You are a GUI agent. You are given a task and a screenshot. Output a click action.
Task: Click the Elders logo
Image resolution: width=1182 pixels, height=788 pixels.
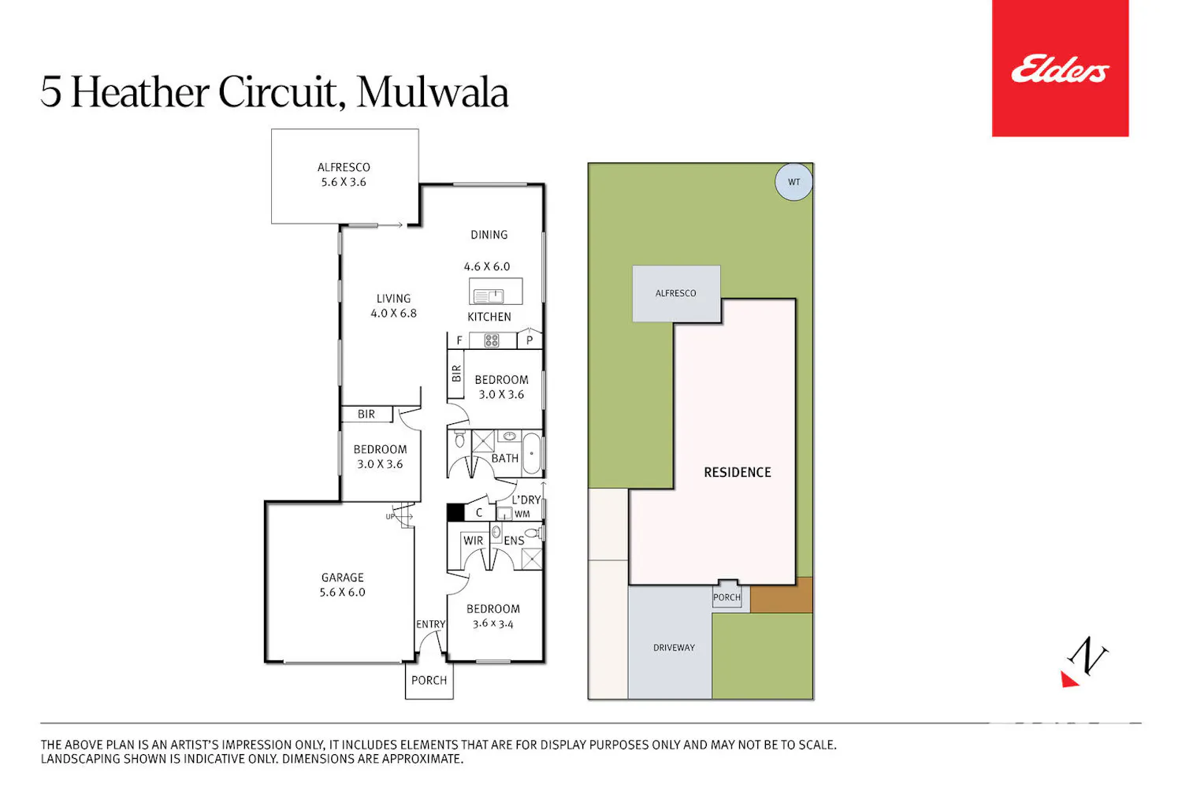pos(1060,69)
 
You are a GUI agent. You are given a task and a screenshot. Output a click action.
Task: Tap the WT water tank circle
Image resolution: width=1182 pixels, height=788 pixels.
pos(794,182)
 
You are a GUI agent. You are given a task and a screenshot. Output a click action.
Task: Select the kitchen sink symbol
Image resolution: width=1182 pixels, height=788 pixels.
pos(489,295)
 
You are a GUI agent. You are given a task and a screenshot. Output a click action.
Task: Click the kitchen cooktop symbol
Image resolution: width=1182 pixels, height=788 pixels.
pos(491,340)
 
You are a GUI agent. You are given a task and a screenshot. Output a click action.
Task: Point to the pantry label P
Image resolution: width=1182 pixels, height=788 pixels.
pos(530,340)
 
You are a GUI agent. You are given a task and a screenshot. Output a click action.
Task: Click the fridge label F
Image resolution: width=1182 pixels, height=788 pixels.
pos(459,340)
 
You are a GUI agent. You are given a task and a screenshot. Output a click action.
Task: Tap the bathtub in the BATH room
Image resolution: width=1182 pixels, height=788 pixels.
pos(531,453)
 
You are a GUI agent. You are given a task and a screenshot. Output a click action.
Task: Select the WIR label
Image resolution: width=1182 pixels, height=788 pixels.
pos(473,541)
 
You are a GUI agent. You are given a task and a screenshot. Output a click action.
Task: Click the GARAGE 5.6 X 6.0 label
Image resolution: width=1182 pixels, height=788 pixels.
pos(343,585)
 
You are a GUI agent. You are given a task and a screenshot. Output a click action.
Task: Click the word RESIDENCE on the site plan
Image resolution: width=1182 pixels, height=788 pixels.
pos(737,472)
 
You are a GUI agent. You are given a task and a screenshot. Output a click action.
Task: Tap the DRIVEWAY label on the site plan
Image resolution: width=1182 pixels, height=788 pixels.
pos(674,648)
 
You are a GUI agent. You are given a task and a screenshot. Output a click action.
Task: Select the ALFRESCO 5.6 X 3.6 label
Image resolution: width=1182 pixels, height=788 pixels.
pos(344,175)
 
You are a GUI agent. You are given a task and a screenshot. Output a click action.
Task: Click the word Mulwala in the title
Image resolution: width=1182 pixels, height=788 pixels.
pos(432,92)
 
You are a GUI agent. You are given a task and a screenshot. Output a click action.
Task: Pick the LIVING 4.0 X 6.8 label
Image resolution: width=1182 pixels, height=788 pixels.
pos(394,306)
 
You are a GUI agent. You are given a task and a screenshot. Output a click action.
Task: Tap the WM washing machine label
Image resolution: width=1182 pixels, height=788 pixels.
pos(522,514)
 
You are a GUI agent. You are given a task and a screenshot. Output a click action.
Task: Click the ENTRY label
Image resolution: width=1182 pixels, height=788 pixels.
pos(430,624)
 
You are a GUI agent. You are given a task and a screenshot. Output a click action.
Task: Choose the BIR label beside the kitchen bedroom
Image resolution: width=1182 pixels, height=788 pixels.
pos(456,374)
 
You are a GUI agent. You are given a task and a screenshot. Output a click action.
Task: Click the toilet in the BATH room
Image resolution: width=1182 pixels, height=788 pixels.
pos(459,439)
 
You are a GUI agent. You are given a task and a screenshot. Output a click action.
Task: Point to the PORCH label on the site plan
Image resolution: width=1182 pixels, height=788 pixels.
pos(727,597)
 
